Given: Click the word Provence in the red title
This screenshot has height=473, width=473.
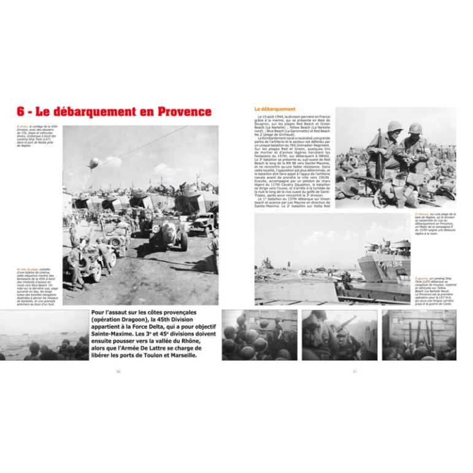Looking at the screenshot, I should point(184,112).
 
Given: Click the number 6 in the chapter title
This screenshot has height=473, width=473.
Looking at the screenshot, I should point(20,112).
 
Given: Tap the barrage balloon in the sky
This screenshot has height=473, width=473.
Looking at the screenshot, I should point(93,163).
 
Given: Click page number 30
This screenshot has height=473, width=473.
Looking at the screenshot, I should point(118,371).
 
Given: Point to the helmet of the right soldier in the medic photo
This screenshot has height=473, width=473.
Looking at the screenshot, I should point(415,128).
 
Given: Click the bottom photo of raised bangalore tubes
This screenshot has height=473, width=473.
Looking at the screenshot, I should point(419,335).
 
